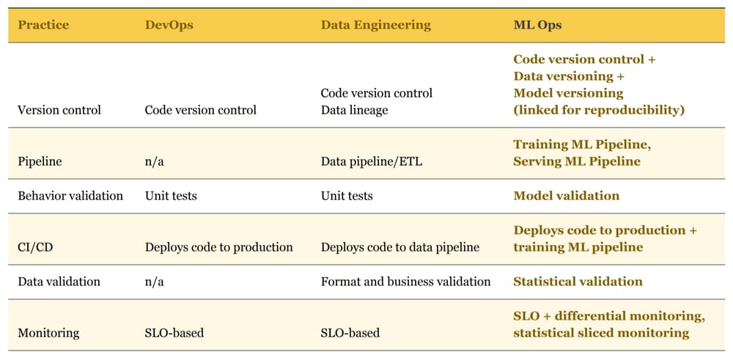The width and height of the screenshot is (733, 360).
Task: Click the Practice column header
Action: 43,25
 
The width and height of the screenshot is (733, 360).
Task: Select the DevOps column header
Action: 170,25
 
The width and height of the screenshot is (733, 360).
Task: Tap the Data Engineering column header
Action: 376,25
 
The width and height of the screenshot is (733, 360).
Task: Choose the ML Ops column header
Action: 537,25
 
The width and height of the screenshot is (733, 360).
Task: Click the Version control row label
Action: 59,110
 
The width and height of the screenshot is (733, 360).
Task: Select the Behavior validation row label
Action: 70,196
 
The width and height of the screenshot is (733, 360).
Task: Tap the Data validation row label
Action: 59,282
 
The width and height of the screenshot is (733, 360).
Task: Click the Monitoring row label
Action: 48,333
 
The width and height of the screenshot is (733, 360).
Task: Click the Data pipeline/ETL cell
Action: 371,161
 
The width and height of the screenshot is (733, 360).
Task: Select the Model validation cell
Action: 566,196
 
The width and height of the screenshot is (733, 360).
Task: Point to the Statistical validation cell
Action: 578,282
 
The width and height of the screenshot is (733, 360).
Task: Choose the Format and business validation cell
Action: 405,282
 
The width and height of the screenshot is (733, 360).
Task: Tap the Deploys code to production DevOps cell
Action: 218,247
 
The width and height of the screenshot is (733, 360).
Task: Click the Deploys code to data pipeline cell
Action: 400,247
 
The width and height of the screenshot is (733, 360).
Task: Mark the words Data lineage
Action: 354,110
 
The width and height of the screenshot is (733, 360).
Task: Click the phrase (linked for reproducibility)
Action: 599,110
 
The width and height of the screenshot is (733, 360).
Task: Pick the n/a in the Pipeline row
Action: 154,161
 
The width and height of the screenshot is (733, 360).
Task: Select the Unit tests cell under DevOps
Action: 171,196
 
